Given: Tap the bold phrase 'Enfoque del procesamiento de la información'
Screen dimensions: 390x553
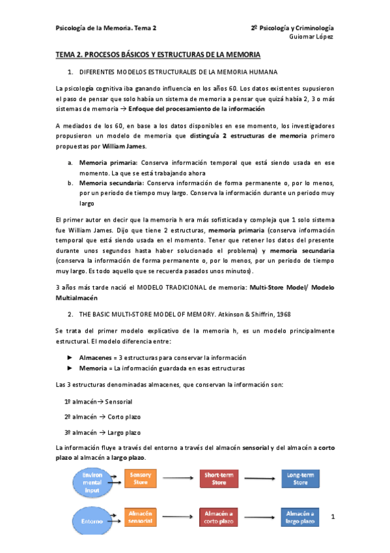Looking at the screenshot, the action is [x=196, y=109].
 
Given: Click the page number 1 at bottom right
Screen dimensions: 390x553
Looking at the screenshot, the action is [x=333, y=517].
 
